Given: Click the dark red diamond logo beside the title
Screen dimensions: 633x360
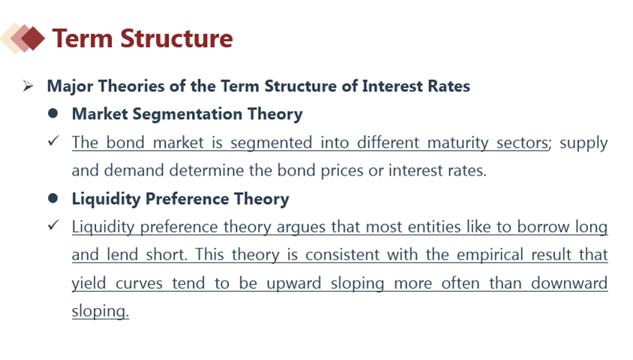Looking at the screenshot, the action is [32, 38].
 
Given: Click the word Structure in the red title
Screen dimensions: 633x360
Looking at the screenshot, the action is [176, 38].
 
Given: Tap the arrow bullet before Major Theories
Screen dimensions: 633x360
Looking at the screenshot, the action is [28, 85].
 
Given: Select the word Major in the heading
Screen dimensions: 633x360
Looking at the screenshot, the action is [70, 86].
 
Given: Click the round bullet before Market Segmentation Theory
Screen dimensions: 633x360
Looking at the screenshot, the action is [52, 113].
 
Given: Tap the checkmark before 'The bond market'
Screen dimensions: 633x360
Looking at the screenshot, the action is [53, 141].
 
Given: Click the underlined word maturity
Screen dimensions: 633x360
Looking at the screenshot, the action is [457, 142].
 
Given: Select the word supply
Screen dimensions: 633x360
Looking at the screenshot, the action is [583, 143].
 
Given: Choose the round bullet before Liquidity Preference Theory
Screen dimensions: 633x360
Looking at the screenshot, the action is [52, 198].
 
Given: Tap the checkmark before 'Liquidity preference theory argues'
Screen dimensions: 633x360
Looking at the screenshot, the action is [53, 225].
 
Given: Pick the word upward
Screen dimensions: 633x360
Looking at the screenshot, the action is [293, 283].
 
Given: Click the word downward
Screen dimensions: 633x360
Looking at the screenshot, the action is [569, 283].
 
